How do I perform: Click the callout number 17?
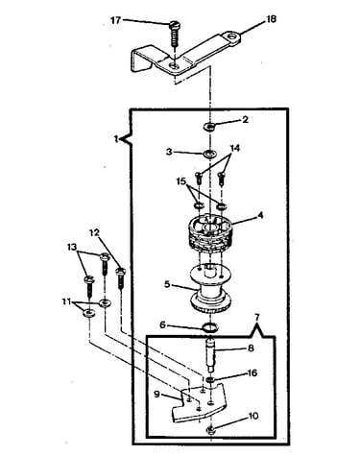[x=115, y=20]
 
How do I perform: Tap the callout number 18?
[x=271, y=19]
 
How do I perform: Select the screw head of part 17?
[x=174, y=25]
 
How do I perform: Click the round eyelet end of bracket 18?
[x=232, y=37]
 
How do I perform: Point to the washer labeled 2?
[x=209, y=127]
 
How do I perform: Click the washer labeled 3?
[x=209, y=154]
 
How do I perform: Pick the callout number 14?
[x=235, y=148]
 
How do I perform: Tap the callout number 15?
[x=181, y=181]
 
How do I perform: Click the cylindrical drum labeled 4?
[x=210, y=232]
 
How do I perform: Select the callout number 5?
[x=167, y=284]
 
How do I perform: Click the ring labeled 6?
[x=210, y=327]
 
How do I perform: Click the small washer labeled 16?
[x=210, y=380]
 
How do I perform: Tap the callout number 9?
[x=156, y=395]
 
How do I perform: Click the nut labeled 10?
[x=211, y=428]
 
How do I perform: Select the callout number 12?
[x=95, y=232]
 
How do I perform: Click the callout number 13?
[x=72, y=247]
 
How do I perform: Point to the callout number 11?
[x=66, y=301]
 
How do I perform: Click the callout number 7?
[x=257, y=317]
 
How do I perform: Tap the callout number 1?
[x=116, y=139]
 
